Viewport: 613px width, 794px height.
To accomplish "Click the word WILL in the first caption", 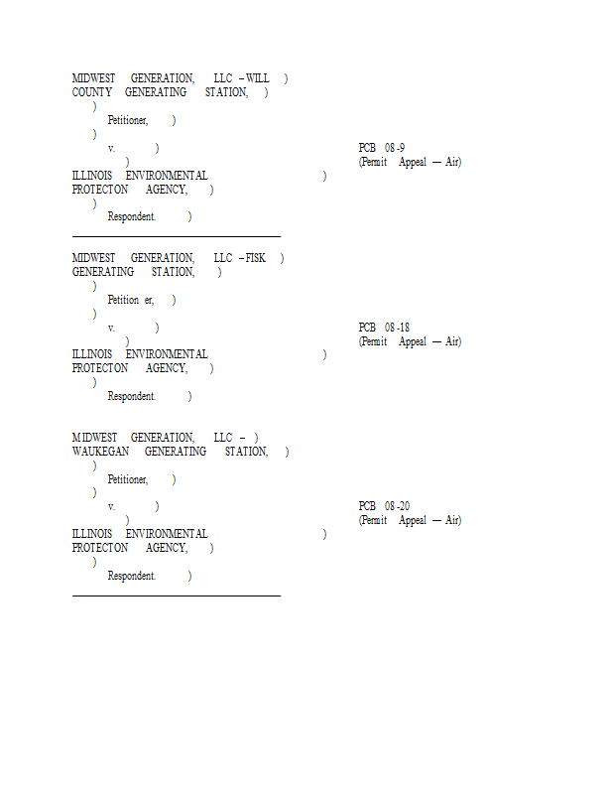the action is (258, 78).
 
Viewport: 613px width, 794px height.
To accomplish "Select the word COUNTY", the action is (92, 92).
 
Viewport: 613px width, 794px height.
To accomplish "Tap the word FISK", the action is (255, 258).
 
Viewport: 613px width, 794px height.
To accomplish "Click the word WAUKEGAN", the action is (101, 452).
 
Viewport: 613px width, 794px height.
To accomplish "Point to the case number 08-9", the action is (395, 148).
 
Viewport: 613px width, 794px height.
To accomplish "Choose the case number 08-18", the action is (398, 328).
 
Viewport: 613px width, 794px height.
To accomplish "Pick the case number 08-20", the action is (398, 506).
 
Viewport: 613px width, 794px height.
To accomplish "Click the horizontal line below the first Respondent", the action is (177, 236).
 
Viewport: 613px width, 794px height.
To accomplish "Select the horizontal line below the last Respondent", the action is (177, 596).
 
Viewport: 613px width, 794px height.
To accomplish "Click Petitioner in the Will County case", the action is (128, 120).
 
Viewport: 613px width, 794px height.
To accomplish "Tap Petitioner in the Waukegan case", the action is (128, 479).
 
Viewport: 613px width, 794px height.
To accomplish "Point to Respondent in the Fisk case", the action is (132, 396).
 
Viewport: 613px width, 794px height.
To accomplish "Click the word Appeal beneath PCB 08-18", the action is (413, 341).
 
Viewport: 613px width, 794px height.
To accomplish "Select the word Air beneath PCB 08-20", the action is (453, 520).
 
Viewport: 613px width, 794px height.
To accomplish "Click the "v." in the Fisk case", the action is (111, 329).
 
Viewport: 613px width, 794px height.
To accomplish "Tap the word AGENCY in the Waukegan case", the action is (167, 548).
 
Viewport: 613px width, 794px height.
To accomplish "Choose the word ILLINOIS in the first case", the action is (92, 176).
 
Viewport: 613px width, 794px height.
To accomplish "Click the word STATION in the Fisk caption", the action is (174, 272).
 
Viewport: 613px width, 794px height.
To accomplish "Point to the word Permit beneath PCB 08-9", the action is (373, 162).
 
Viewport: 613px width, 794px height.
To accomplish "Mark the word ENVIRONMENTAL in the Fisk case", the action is (167, 354).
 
